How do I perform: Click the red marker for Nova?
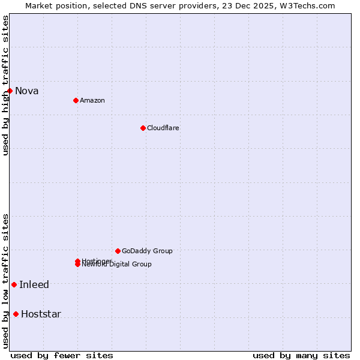click(10, 91)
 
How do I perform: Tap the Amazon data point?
click(76, 100)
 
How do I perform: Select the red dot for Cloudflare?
click(143, 128)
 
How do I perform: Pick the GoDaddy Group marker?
click(118, 251)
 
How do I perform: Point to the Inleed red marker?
click(14, 284)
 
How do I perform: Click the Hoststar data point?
click(16, 314)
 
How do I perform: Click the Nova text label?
click(27, 91)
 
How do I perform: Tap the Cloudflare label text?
click(163, 128)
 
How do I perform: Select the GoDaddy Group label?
click(147, 251)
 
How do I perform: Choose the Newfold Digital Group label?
click(118, 265)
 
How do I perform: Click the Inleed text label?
click(34, 285)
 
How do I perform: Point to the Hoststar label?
click(41, 314)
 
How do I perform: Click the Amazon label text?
click(92, 100)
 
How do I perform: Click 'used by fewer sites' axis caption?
click(62, 355)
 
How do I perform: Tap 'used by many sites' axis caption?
click(301, 355)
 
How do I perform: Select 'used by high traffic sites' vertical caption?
click(5, 85)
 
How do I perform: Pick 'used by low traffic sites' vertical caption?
click(5, 281)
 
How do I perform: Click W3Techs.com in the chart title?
click(306, 5)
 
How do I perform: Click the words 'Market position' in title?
click(53, 5)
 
